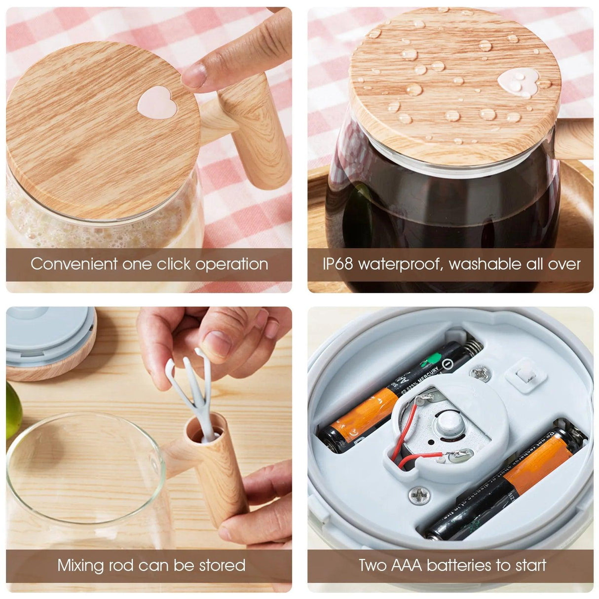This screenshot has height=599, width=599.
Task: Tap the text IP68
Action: tap(338, 263)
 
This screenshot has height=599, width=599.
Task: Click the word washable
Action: tap(487, 263)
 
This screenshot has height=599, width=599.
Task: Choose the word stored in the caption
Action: tap(223, 564)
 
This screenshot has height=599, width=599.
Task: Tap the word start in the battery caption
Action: tap(528, 564)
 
